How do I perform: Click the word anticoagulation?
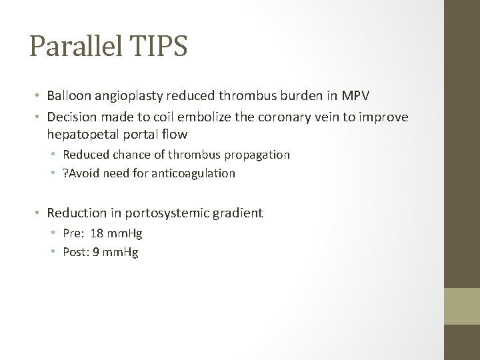[x=194, y=173]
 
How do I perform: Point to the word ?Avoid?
[x=80, y=173]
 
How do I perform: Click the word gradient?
[x=239, y=213]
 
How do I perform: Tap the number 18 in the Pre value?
[x=97, y=234]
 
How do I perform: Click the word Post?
[x=77, y=253]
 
